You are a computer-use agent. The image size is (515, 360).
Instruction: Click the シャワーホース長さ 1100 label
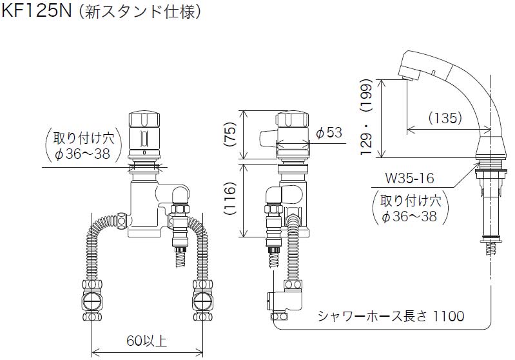[x=391, y=316]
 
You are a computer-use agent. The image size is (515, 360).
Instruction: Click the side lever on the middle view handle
[x=266, y=137]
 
